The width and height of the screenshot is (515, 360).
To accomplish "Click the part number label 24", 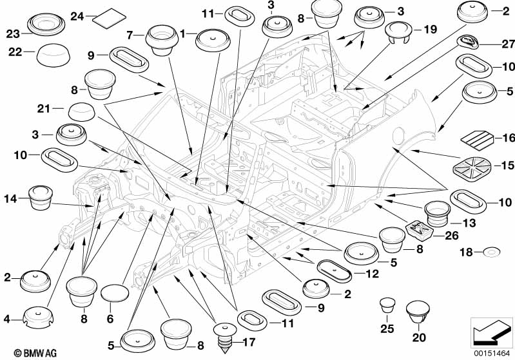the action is pos(77,16).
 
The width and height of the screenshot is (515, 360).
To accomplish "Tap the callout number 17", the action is pos(249,342).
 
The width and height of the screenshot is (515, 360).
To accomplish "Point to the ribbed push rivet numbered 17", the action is pos(225,338).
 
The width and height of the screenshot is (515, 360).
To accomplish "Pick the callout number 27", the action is pos(508,44).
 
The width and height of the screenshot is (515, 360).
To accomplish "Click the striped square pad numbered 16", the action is pos(478,138).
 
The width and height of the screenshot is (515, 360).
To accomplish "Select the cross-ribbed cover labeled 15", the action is pos(472,169).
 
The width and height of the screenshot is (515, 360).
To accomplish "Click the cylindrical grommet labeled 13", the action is pos(438,214).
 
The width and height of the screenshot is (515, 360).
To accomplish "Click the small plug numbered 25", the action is pos(387,306).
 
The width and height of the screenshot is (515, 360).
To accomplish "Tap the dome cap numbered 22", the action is pos(53,55).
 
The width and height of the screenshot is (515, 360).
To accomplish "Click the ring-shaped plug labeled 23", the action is pos(46,24).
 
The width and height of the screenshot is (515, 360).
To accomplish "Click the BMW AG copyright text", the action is pos(35,353).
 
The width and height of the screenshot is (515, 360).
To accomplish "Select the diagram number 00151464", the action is pos(492,354).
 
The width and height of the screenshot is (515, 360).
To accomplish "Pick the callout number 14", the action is pos(10,198).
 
